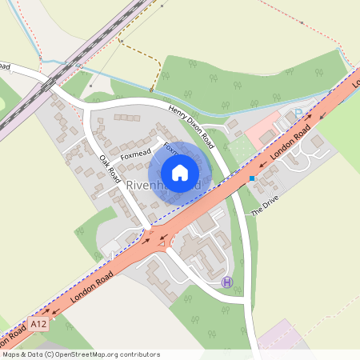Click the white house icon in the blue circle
point(180,173)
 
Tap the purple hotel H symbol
point(228,282)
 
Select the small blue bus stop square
point(251,178)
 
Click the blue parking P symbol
point(298,114)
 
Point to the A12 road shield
point(38,322)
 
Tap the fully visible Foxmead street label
point(135,154)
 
